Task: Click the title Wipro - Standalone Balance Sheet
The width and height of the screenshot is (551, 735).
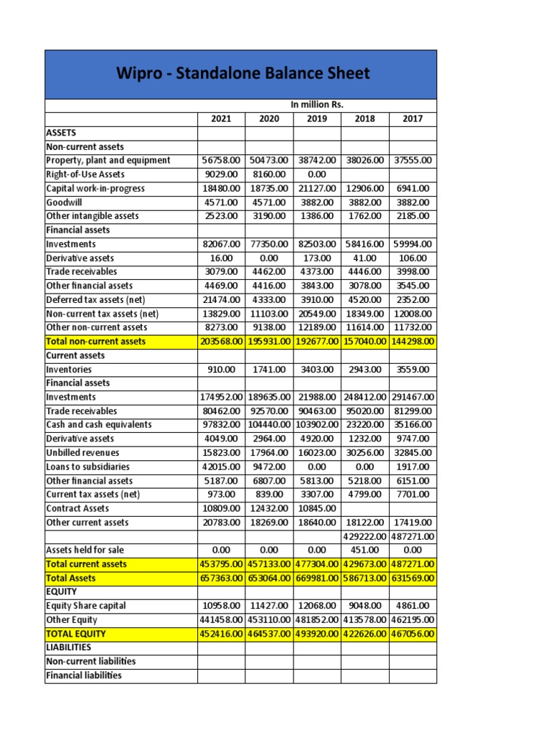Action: [240, 73]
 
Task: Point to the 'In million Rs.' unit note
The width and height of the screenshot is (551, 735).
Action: [316, 105]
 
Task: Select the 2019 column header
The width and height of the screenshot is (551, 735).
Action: [316, 119]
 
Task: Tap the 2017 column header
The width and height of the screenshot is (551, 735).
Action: [413, 119]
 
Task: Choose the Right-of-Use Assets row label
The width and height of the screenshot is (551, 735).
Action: [85, 174]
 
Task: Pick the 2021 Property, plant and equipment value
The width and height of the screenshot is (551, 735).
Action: [221, 161]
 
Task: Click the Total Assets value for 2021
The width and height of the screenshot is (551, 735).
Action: [221, 578]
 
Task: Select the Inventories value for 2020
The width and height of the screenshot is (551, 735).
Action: [269, 370]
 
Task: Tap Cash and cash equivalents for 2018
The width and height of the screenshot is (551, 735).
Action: [364, 425]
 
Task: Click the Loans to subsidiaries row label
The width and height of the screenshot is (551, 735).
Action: [88, 467]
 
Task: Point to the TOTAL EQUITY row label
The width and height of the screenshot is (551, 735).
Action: [75, 634]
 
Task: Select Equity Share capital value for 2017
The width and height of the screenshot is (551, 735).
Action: [413, 606]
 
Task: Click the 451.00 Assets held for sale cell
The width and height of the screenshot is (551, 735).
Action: [364, 551]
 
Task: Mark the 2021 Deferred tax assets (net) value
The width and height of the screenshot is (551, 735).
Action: [221, 300]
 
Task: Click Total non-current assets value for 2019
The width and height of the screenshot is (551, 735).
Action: [316, 342]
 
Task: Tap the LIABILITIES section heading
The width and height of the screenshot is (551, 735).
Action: [68, 647]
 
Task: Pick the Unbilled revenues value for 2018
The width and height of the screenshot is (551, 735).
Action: [364, 453]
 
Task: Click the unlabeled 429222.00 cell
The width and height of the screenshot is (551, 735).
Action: [364, 536]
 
